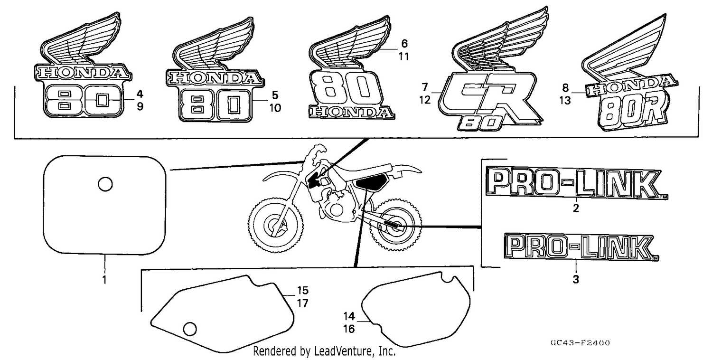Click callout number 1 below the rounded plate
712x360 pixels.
pyautogui.click(x=104, y=280)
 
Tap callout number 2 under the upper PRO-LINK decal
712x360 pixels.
pyautogui.click(x=576, y=208)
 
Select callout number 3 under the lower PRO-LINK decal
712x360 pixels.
pyautogui.click(x=576, y=280)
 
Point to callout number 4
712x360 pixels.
pyautogui.click(x=140, y=94)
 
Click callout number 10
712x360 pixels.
pyautogui.click(x=275, y=108)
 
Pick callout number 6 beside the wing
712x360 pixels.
pyautogui.click(x=404, y=43)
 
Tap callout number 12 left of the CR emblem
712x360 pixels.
pyautogui.click(x=425, y=100)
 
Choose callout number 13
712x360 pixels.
pyautogui.click(x=565, y=101)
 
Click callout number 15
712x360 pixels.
pyautogui.click(x=303, y=290)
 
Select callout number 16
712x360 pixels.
pyautogui.click(x=349, y=329)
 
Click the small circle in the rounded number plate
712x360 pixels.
pyautogui.click(x=105, y=184)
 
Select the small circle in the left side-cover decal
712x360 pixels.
pyautogui.click(x=190, y=329)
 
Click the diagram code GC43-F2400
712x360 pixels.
pyautogui.click(x=580, y=343)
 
